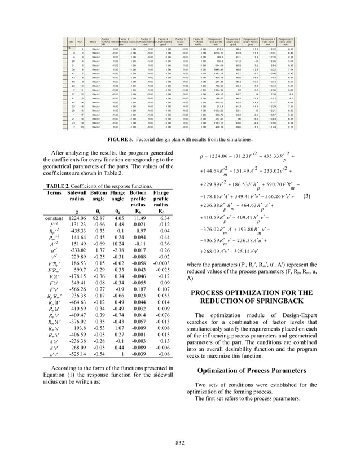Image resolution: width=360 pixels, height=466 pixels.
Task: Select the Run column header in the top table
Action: tap(82, 26)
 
